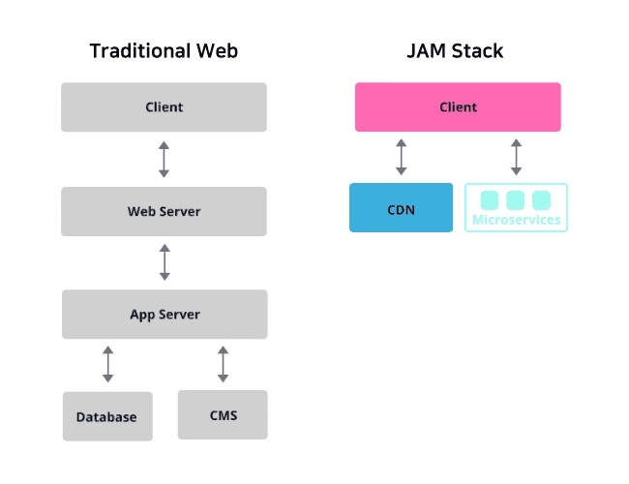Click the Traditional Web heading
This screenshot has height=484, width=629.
click(x=164, y=51)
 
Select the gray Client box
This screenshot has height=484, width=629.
click(x=164, y=106)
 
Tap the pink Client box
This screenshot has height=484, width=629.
click(x=458, y=106)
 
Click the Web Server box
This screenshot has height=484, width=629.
click(x=164, y=211)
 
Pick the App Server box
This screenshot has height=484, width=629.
click(x=164, y=315)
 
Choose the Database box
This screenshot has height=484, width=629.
click(x=107, y=417)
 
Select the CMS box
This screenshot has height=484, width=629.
click(x=223, y=415)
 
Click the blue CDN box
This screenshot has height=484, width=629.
click(x=401, y=208)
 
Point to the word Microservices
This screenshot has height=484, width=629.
click(x=516, y=221)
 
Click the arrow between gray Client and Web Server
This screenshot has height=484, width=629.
click(x=164, y=159)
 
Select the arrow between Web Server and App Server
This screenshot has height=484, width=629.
click(x=164, y=262)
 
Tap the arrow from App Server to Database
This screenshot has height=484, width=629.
click(x=107, y=365)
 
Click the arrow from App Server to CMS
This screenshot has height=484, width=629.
click(x=223, y=365)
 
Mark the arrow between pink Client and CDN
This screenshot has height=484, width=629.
click(x=401, y=157)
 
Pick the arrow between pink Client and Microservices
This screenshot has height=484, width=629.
click(x=516, y=157)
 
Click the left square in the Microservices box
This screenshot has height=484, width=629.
click(x=490, y=200)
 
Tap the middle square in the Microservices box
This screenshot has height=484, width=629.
click(x=516, y=200)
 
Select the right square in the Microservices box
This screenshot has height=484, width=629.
click(x=541, y=200)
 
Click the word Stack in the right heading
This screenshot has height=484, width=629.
click(x=478, y=51)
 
